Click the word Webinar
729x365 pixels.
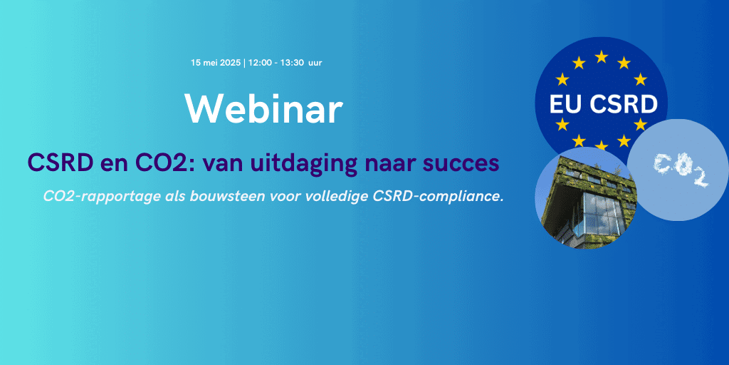tap(263, 109)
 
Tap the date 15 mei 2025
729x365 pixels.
tap(216, 63)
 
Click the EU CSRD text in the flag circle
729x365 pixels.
tap(604, 105)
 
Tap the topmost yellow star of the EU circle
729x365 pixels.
tap(601, 57)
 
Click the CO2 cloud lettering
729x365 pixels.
tap(681, 170)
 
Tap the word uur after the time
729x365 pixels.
tap(315, 63)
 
